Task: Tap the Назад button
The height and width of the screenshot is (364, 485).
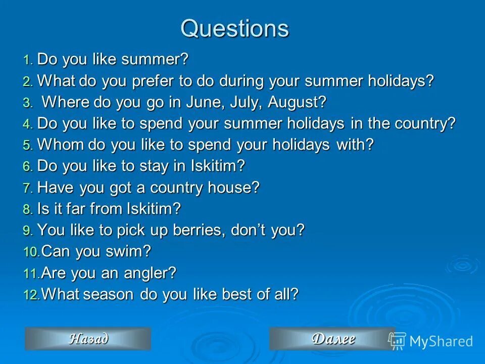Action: pyautogui.click(x=88, y=339)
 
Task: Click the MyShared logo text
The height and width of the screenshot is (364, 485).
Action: pyautogui.click(x=441, y=341)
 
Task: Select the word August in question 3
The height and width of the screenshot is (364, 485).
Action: pyautogui.click(x=297, y=103)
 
